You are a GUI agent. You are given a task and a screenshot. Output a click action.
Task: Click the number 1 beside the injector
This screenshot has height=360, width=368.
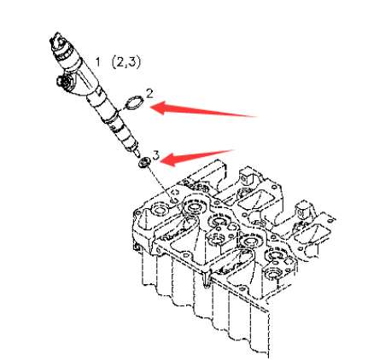[x=97, y=61]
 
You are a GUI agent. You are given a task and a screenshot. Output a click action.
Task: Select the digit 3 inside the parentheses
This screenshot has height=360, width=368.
[x=131, y=62]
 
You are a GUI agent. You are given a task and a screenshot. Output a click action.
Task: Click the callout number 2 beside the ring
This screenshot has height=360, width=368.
[x=149, y=94]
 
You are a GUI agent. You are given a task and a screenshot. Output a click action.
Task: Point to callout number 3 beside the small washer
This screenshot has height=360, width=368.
[x=156, y=155]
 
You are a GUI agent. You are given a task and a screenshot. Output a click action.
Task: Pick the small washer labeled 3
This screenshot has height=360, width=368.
[x=144, y=163]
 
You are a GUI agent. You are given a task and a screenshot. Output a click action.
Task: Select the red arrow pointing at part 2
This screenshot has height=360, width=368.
[x=203, y=109]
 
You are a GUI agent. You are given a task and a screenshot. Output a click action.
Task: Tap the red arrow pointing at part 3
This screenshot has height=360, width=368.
[x=196, y=157]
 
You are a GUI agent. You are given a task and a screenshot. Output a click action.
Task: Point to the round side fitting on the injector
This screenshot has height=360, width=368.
[x=61, y=81]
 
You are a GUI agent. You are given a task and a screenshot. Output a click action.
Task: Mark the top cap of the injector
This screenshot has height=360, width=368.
[x=58, y=40]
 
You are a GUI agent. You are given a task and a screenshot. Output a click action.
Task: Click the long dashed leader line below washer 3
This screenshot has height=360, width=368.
[x=160, y=183]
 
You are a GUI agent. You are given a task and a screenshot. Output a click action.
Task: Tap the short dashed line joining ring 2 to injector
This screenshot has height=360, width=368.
[x=122, y=107]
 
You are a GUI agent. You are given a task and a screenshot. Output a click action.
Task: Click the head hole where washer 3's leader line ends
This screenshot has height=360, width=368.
[x=173, y=200]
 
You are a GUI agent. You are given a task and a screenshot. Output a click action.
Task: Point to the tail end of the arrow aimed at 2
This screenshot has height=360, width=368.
[x=256, y=116]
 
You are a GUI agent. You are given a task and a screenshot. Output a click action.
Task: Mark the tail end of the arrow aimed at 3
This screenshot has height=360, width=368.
[x=233, y=150]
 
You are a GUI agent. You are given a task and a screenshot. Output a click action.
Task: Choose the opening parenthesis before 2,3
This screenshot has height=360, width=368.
[x=114, y=62]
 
